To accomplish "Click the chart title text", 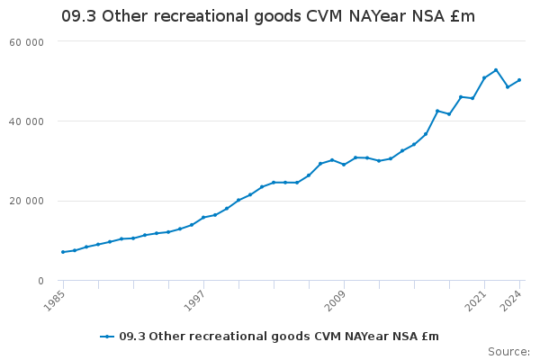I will tap(267, 16).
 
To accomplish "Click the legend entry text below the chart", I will tap(279, 337).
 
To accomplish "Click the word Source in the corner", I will tap(508, 351).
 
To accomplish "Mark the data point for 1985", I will tap(63, 252).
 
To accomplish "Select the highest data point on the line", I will tap(496, 70).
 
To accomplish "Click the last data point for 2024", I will tap(519, 80).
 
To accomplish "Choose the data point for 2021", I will tap(484, 77).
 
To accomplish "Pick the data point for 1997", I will tap(203, 218).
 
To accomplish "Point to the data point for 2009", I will tap(344, 165).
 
